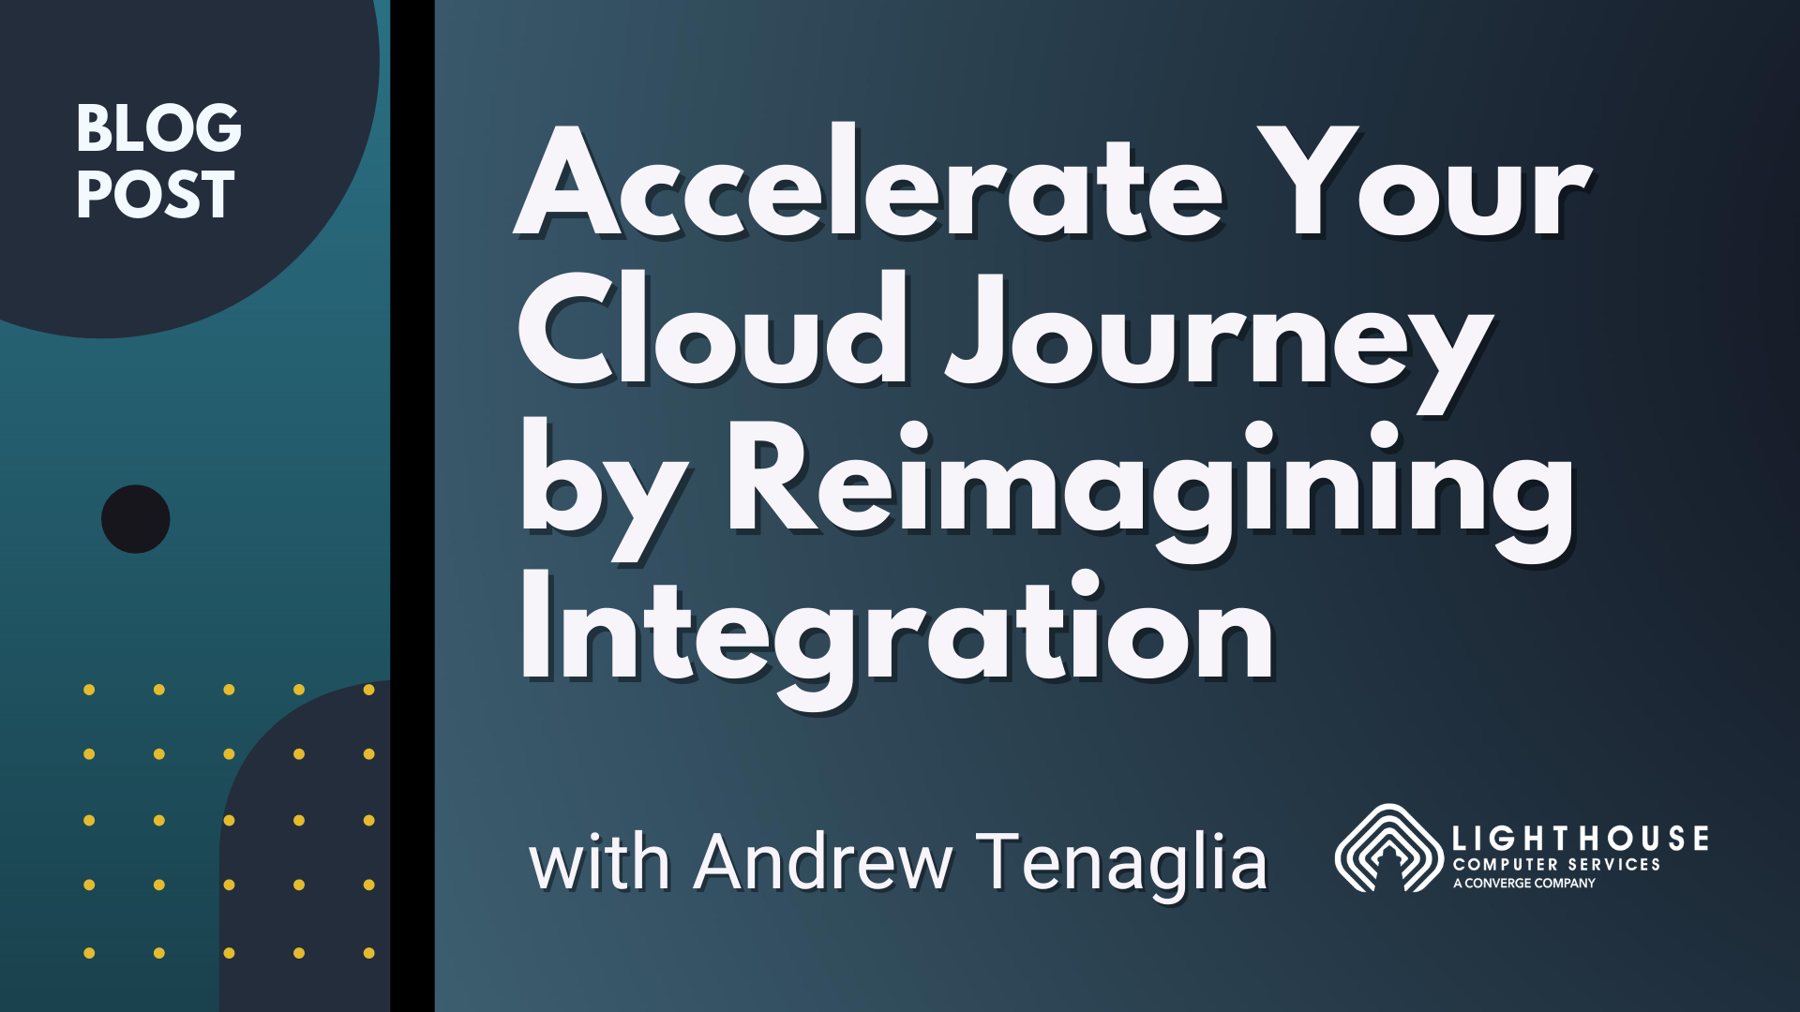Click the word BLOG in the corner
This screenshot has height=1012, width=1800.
(x=158, y=128)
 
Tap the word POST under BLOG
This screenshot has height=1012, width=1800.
(x=155, y=195)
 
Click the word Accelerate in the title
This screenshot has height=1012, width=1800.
(x=868, y=182)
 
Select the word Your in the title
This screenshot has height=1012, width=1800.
(x=1424, y=182)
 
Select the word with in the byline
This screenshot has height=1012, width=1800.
(x=600, y=862)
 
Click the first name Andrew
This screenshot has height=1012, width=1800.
(x=823, y=862)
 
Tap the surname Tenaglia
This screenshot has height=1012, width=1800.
(x=1122, y=862)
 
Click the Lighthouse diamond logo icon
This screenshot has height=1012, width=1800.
(x=1388, y=848)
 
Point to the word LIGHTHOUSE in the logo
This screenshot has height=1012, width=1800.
(x=1581, y=839)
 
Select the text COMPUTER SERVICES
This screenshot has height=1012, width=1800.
(x=1556, y=865)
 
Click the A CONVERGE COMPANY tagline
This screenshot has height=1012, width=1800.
(x=1524, y=884)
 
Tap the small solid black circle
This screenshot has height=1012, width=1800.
(x=136, y=519)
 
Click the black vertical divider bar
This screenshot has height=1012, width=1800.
(x=412, y=506)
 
